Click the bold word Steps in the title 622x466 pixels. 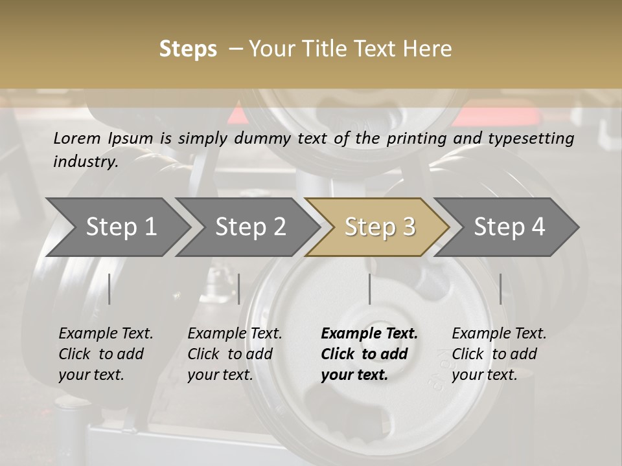(188, 49)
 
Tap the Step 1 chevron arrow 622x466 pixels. (118, 227)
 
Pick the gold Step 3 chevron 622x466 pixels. (377, 227)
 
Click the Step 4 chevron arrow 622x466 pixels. (507, 227)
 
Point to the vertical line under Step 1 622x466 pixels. (109, 289)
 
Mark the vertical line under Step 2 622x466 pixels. (239, 289)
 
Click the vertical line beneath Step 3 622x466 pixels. (369, 289)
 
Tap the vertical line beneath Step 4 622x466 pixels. (500, 289)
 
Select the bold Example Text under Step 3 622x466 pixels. (369, 333)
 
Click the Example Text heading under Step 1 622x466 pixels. (106, 333)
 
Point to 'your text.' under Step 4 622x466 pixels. (485, 375)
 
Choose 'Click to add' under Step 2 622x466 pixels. (230, 354)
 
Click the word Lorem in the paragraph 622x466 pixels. (77, 139)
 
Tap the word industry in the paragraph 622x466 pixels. (86, 161)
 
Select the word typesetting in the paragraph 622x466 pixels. (531, 139)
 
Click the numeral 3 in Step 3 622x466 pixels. (409, 227)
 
